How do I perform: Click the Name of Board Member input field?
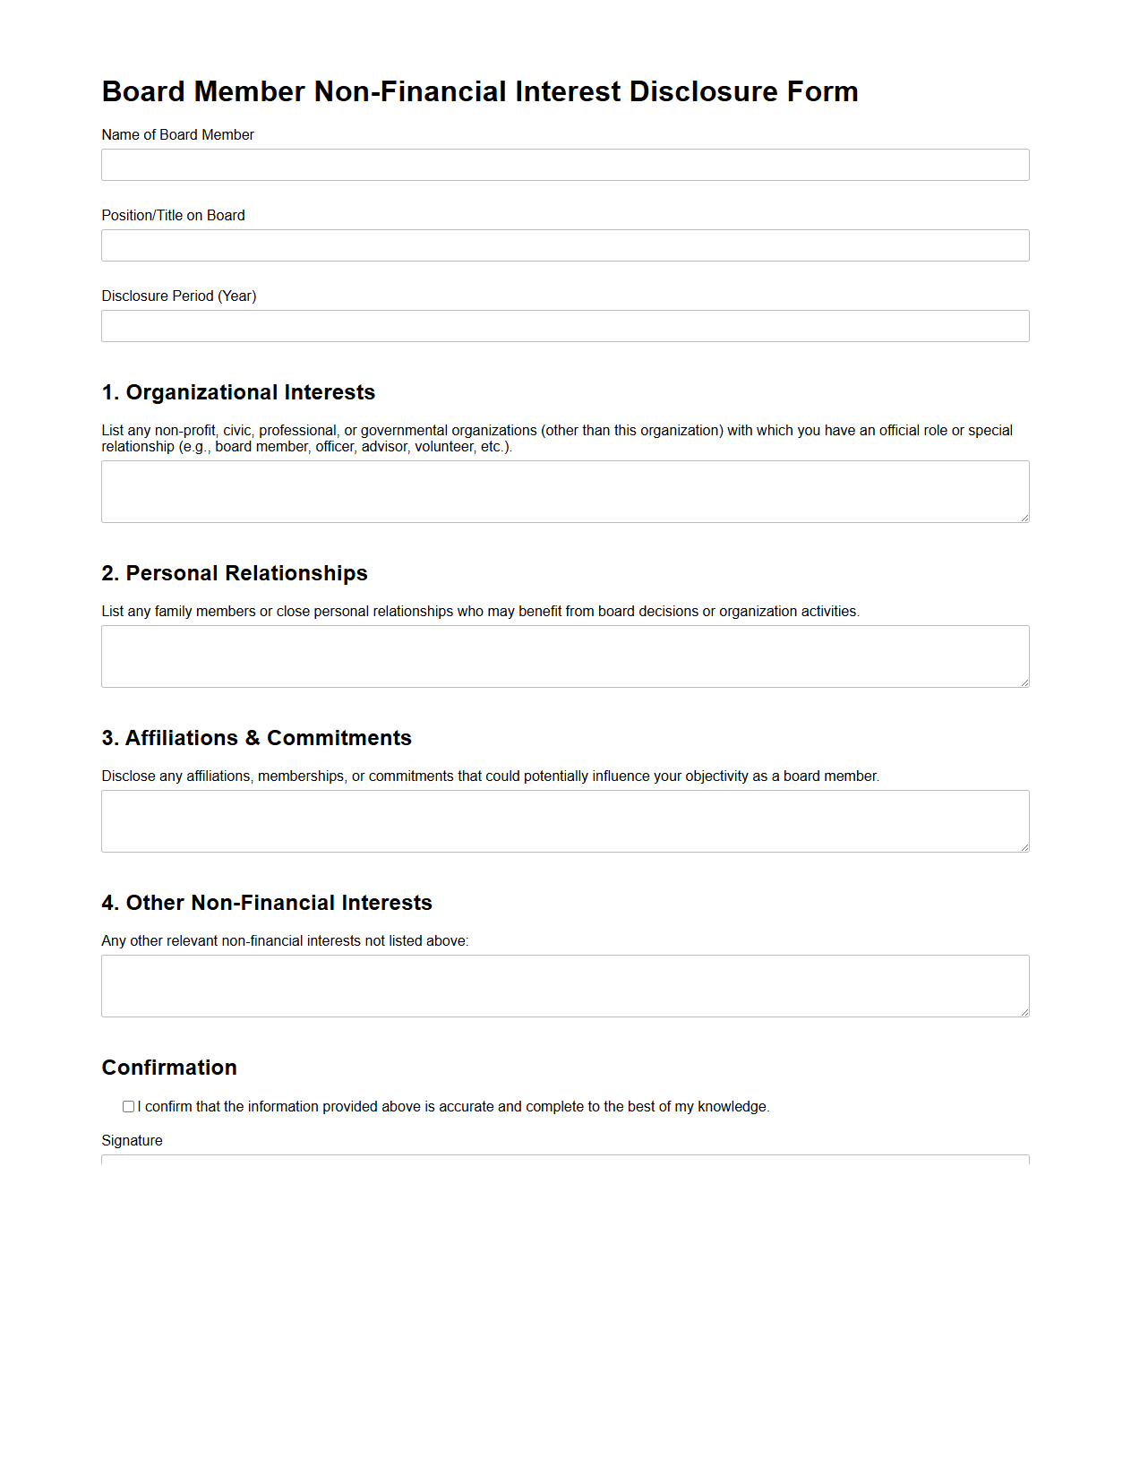[564, 165]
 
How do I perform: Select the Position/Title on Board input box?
[564, 245]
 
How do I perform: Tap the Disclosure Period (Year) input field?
[564, 326]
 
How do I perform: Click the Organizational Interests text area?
[564, 492]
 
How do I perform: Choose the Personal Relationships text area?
[564, 656]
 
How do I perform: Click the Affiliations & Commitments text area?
[564, 821]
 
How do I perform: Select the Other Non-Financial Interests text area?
[564, 986]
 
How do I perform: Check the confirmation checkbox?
[129, 1107]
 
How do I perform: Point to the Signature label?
[132, 1140]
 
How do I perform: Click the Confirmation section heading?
[169, 1068]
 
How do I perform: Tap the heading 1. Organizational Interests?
[238, 392]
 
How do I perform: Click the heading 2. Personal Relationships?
[235, 573]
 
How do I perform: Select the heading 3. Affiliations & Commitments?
[256, 738]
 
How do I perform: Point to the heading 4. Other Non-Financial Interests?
[267, 903]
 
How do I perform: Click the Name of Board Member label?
[177, 134]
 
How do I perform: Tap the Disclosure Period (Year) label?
[178, 296]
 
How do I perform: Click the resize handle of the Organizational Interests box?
[1024, 518]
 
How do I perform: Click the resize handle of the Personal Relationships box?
[1024, 682]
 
